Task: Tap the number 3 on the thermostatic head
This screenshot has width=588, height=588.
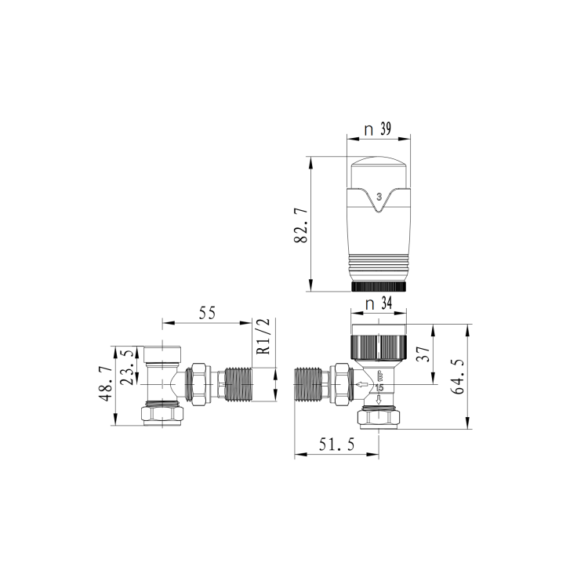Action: (379, 197)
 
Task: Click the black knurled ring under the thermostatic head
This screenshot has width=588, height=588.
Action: (379, 286)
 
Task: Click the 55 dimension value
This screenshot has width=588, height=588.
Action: (207, 313)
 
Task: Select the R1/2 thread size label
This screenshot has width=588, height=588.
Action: (263, 336)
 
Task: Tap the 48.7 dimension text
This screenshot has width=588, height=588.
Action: (104, 384)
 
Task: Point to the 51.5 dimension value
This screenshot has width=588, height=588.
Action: (336, 445)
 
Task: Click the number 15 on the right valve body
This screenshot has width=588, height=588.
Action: (379, 388)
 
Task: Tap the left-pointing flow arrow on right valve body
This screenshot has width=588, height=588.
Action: (361, 385)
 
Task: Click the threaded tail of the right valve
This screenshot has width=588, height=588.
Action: (310, 386)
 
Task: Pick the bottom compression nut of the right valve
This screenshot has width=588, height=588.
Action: (380, 418)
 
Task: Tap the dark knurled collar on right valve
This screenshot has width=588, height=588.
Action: (379, 345)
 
